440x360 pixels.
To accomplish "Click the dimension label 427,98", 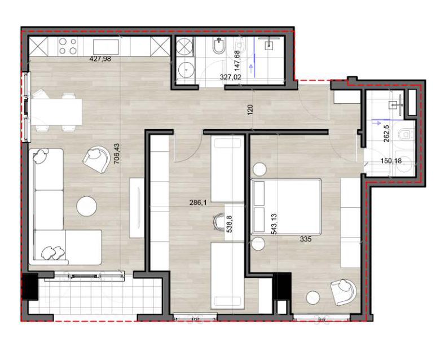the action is tap(100, 59).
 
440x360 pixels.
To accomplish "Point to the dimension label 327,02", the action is tap(230, 77).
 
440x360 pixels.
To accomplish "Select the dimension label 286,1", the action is tap(198, 203).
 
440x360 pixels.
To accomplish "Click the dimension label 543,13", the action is tap(274, 224).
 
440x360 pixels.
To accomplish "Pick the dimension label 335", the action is tap(306, 239).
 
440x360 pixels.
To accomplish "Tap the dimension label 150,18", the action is tap(391, 161).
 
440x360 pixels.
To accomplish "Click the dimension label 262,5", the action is tap(386, 133).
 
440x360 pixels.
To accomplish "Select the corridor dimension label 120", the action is tap(250, 108).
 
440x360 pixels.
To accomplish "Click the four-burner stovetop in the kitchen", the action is tap(68, 46).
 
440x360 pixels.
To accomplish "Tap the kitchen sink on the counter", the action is tap(106, 47).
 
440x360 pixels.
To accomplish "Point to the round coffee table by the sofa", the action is tap(87, 206).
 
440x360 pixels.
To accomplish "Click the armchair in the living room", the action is tap(96, 159).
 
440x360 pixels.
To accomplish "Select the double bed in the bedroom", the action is tap(287, 206).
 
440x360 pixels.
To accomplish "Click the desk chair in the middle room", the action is tap(218, 221).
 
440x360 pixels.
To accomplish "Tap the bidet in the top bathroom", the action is tap(219, 46).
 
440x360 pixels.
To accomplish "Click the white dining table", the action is tap(56, 112).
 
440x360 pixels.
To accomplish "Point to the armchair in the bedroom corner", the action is tap(344, 292).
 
